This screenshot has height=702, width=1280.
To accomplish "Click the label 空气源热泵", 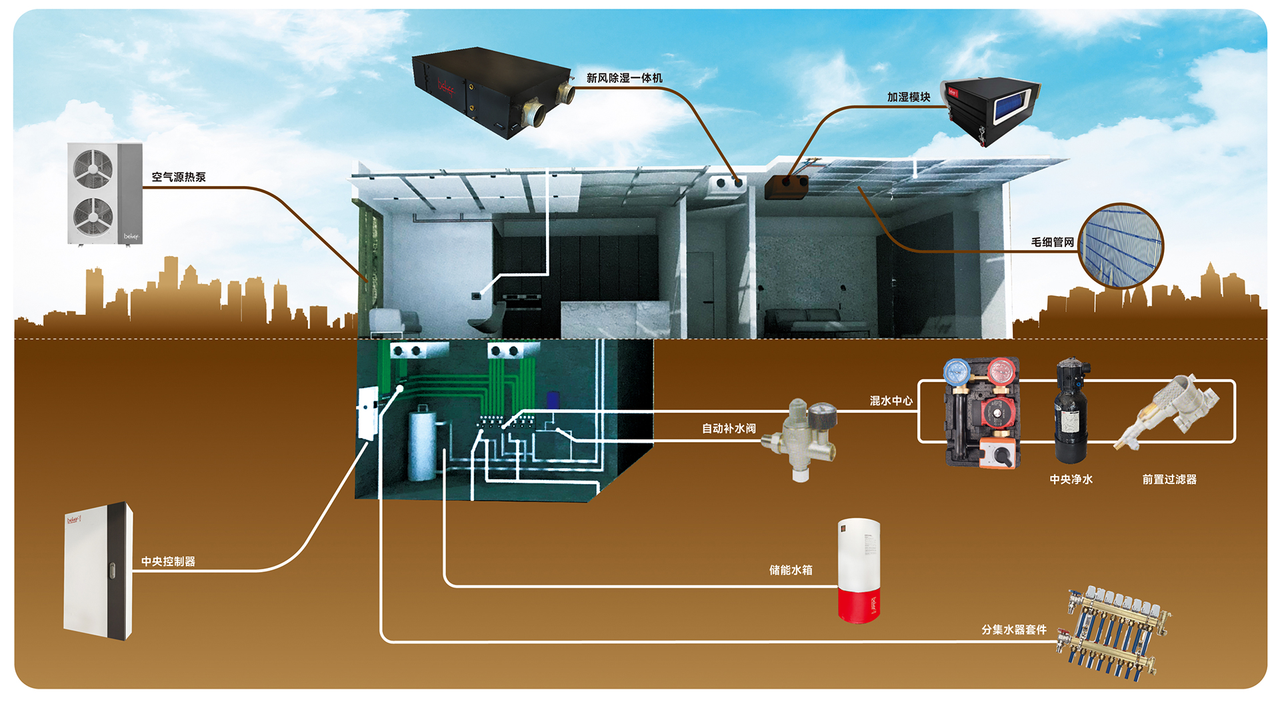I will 179,177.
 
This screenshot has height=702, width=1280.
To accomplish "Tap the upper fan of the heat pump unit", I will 93,168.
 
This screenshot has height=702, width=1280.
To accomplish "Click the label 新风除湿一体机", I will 624,78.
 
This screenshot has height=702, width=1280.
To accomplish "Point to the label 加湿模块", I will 908,97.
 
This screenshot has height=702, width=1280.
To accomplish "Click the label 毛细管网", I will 1053,242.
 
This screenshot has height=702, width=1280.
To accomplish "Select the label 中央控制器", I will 168,561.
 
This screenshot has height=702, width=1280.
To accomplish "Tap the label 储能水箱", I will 791,570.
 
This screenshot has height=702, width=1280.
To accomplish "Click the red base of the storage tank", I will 859,604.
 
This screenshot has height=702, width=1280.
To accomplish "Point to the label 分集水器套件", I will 1013,629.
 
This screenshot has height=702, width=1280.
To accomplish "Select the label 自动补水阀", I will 729,429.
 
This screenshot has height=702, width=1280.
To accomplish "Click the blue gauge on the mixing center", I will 957,371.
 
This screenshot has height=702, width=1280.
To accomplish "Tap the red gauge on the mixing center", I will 1000,371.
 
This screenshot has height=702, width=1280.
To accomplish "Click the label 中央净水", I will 1071,479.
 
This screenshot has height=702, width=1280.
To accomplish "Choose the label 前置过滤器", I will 1169,479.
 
